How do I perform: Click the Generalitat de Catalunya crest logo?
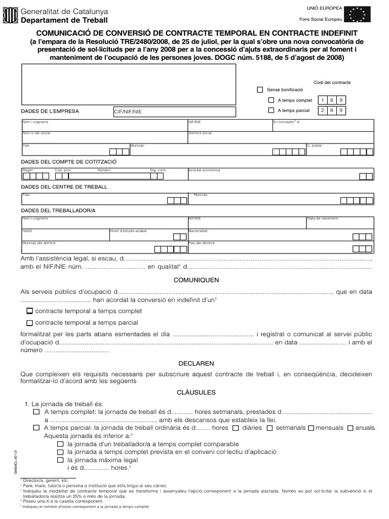coord(10,15)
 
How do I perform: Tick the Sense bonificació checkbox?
coord(260,90)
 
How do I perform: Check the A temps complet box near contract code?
coord(271,100)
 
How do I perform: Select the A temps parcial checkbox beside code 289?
coord(271,110)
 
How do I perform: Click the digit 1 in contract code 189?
coord(322,100)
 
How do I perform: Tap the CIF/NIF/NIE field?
coord(174,112)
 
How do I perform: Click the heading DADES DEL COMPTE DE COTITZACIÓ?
coord(68,161)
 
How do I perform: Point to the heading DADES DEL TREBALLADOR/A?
coord(58,210)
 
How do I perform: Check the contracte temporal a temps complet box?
coord(30,311)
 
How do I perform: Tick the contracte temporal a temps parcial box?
coord(30,323)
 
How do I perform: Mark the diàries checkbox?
coord(235,428)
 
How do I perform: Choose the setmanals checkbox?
coord(270,428)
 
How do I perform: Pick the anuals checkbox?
coord(351,428)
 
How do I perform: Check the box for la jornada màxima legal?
coord(60,460)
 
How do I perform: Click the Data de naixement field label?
coord(322,219)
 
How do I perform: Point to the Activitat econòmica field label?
coord(204,170)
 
